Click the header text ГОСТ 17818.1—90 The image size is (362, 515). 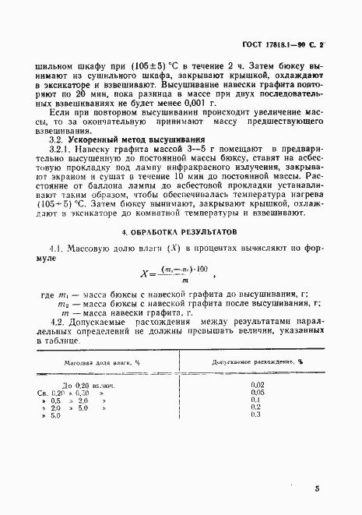(278, 47)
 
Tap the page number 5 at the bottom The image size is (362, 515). (317, 489)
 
